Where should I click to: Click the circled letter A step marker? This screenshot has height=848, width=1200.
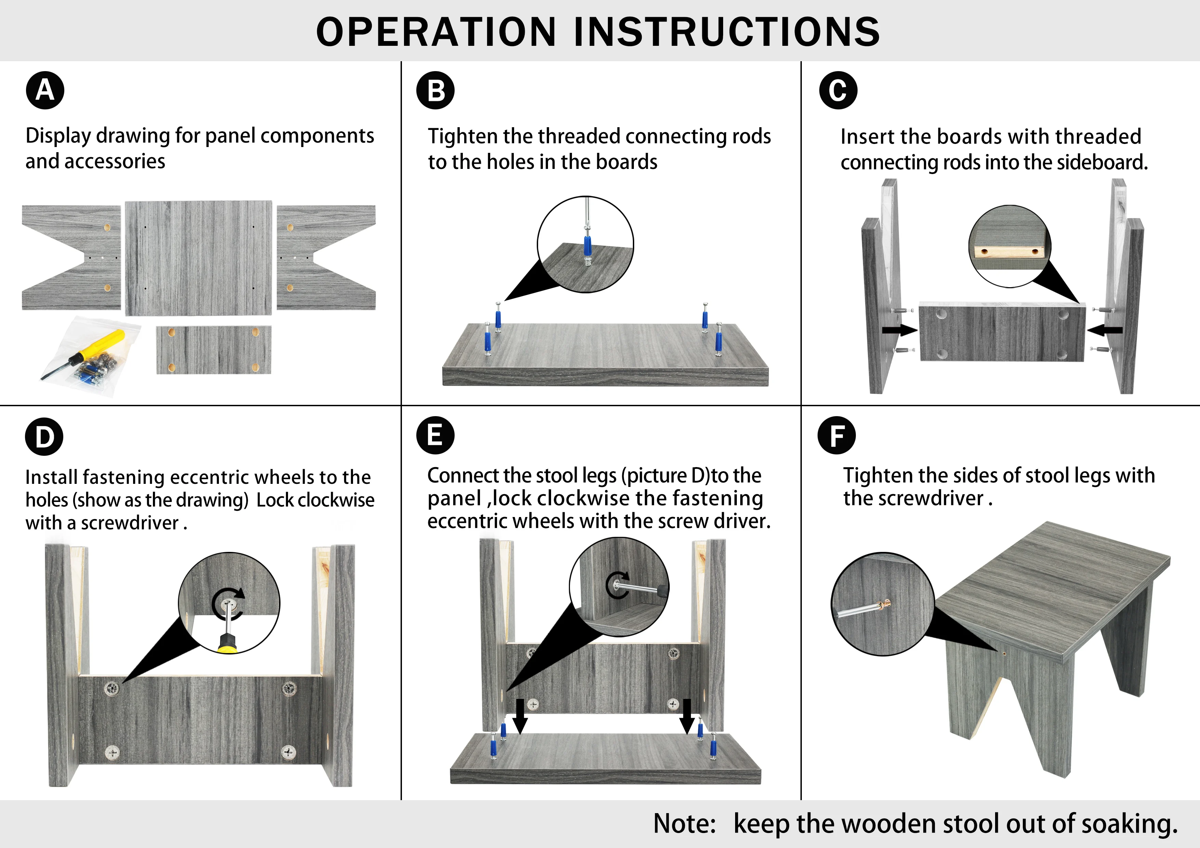pyautogui.click(x=45, y=90)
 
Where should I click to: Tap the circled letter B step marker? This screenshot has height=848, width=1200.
pyautogui.click(x=435, y=90)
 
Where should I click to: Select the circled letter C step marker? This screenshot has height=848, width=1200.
pyautogui.click(x=838, y=90)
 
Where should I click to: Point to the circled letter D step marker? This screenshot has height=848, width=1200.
pyautogui.click(x=44, y=437)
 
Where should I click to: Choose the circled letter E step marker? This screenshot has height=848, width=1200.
pyautogui.click(x=435, y=435)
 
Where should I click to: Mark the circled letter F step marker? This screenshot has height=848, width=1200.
pyautogui.click(x=837, y=435)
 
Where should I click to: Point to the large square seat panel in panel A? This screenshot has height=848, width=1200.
pyautogui.click(x=199, y=258)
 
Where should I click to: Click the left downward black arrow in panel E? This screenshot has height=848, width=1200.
pyautogui.click(x=520, y=717)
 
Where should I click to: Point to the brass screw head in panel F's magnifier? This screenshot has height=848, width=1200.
pyautogui.click(x=883, y=605)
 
